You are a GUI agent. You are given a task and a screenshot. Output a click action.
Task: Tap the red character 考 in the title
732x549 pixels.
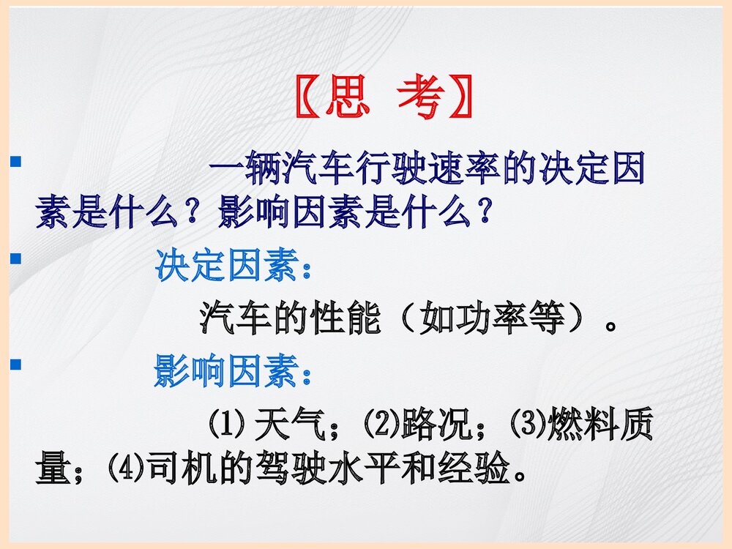[x=421, y=98]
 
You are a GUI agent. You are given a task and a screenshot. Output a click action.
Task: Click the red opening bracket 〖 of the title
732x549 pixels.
[x=307, y=99]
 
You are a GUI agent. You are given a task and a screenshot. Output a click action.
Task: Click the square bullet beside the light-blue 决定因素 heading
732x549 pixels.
[x=15, y=258]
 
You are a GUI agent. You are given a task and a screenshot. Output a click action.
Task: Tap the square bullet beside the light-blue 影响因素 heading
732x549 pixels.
[x=15, y=363]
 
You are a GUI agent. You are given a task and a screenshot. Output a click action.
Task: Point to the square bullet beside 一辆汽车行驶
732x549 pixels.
[x=15, y=159]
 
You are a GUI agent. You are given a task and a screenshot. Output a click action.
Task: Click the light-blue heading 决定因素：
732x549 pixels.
[x=234, y=268]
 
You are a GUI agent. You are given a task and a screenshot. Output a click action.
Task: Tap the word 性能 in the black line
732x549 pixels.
[x=345, y=320]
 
